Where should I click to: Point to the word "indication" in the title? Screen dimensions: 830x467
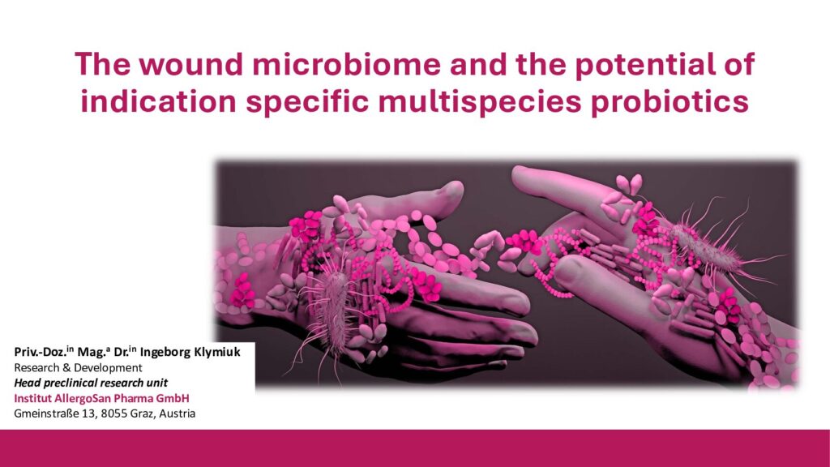pyautogui.click(x=158, y=101)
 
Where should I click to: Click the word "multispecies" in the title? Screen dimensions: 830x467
pyautogui.click(x=479, y=101)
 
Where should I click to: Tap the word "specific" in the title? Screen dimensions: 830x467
pyautogui.click(x=307, y=101)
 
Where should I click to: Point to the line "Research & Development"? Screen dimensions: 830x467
pyautogui.click(x=79, y=367)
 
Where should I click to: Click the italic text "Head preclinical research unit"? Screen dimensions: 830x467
pyautogui.click(x=91, y=383)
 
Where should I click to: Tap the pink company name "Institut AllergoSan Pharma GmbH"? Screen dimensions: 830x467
pyautogui.click(x=101, y=398)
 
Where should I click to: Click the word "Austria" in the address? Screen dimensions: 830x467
pyautogui.click(x=178, y=413)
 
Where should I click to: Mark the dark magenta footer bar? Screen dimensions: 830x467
pyautogui.click(x=415, y=448)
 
